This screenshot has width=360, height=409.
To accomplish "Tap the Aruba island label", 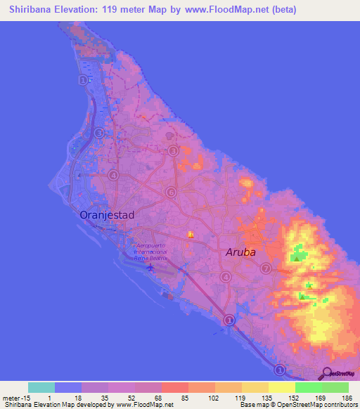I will [240, 252].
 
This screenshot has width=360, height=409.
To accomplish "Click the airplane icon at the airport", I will [149, 266].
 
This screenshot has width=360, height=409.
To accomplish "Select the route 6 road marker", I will [169, 192].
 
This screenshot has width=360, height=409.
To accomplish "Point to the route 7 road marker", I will [265, 268].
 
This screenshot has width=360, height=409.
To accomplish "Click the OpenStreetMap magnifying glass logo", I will [327, 373].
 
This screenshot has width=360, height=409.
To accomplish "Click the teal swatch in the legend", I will [41, 387].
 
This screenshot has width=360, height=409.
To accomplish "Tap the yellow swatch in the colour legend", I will [282, 387].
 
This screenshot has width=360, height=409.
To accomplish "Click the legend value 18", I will [79, 397].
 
